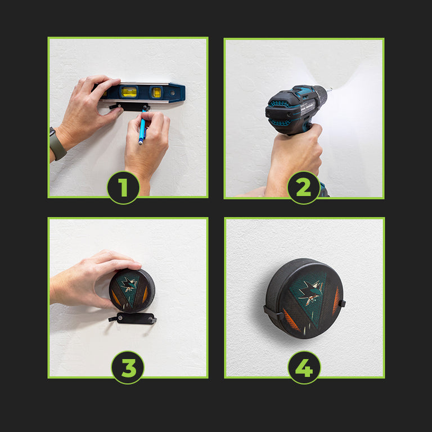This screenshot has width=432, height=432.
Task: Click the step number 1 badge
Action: (x=123, y=188)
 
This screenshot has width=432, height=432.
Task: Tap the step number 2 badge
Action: (x=304, y=188)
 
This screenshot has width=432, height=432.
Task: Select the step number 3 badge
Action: (x=128, y=367)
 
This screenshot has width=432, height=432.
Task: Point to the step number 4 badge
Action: (x=304, y=367)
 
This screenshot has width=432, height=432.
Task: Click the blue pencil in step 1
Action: (x=142, y=128)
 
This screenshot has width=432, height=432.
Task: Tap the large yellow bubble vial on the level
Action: (x=129, y=92)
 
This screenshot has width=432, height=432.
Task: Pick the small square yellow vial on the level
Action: (x=156, y=93)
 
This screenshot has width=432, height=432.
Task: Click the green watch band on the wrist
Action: (x=57, y=144)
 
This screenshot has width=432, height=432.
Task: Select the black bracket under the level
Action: (x=129, y=107)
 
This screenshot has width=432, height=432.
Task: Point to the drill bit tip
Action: (x=331, y=89)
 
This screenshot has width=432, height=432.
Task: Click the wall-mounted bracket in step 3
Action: (x=133, y=318)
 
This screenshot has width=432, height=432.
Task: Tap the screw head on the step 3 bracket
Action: (x=120, y=318)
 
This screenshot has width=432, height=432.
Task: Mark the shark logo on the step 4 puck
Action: (x=310, y=293)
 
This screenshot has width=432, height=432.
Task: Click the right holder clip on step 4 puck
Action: (x=342, y=303)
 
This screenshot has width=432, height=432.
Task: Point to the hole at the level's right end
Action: (x=173, y=93)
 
